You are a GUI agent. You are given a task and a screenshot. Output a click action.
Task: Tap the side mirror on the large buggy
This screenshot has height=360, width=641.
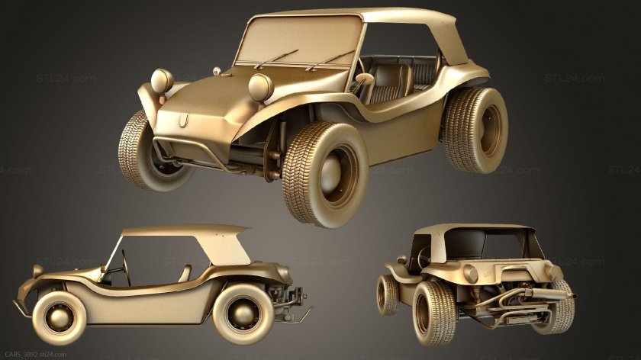coord(217,72)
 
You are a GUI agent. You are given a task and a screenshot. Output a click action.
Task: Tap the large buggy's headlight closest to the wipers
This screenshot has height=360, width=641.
coord(260,87)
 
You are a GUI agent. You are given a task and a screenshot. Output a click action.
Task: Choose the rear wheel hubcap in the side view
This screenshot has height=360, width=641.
coord(243,313)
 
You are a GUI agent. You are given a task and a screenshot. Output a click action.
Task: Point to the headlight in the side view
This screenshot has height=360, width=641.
coord(37,271)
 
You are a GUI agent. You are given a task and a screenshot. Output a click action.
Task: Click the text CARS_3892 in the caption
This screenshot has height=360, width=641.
coord(20,354)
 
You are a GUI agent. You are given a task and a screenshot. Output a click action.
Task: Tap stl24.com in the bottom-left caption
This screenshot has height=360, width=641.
coord(56,354)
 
